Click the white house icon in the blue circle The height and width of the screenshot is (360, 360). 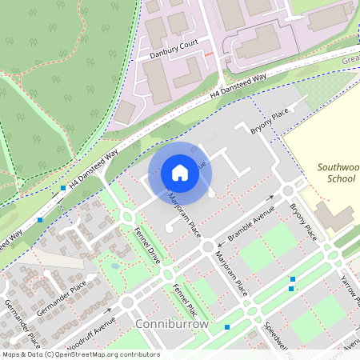click(180, 173)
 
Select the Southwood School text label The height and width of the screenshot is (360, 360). click(336, 173)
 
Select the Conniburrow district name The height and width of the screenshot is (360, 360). click(172, 324)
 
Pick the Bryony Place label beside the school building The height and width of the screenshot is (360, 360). click(304, 221)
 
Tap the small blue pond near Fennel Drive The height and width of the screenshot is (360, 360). click(117, 265)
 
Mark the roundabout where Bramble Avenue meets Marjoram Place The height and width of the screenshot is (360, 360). click(208, 247)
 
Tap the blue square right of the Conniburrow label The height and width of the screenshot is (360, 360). click(228, 326)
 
